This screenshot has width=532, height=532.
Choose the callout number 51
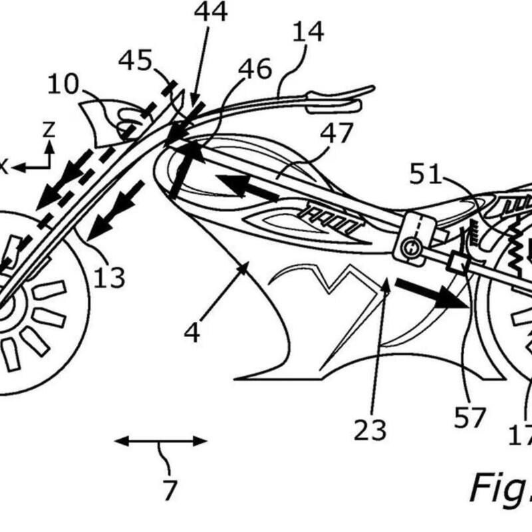click(425, 175)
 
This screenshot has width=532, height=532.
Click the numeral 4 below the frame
click(192, 332)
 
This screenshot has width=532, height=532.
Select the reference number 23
click(370, 430)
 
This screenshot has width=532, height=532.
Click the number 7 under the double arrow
click(170, 489)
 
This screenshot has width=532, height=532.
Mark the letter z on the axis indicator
click(48, 130)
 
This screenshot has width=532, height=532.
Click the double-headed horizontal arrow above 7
click(160, 440)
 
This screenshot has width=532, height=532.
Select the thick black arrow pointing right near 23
click(432, 293)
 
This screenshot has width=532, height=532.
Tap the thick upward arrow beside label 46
click(184, 166)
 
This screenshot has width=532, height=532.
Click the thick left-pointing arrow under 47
click(246, 187)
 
